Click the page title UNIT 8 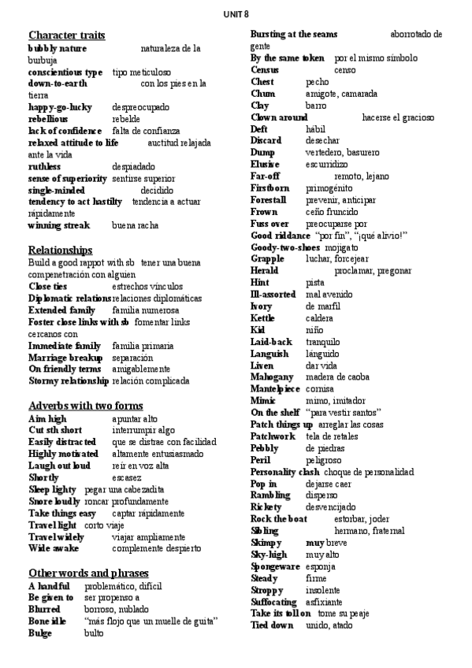click(x=236, y=14)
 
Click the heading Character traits click(x=67, y=35)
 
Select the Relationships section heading click(x=61, y=250)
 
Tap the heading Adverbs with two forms click(x=85, y=406)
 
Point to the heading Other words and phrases click(x=88, y=573)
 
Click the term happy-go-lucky click(x=60, y=107)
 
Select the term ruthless click(x=44, y=166)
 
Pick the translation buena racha click(x=136, y=225)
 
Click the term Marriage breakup click(x=65, y=357)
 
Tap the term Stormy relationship click(x=68, y=380)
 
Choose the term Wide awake click(x=54, y=548)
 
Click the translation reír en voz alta click(x=140, y=466)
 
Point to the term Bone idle click(x=47, y=621)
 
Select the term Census click(x=266, y=69)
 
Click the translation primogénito click(x=335, y=188)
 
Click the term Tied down click(x=271, y=625)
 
